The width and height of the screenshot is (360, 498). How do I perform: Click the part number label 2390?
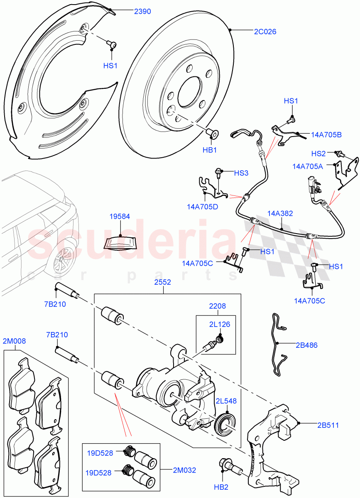[x=142, y=12]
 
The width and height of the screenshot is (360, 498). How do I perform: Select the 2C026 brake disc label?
[x=265, y=32]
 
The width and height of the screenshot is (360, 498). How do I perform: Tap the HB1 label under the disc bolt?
[x=210, y=150]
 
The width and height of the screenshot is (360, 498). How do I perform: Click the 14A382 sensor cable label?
[x=280, y=214]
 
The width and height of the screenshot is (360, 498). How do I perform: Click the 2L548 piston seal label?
[x=226, y=401]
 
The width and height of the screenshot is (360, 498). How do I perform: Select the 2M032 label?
[x=184, y=470]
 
